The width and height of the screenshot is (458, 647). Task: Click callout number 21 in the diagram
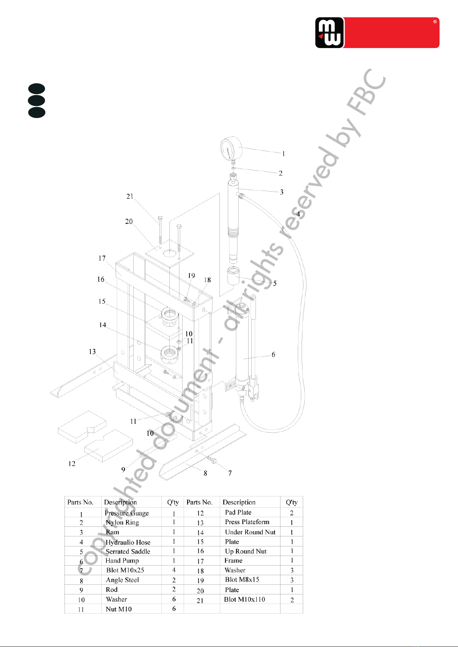click(x=130, y=196)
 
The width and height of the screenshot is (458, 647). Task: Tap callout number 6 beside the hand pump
click(x=273, y=354)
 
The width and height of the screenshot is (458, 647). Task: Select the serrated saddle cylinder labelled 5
click(x=233, y=276)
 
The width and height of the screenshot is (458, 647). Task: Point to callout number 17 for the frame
click(x=102, y=258)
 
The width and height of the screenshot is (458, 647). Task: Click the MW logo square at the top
click(x=329, y=33)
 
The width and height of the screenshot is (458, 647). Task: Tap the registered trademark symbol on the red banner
click(x=435, y=22)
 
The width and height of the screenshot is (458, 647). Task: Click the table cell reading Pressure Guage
click(x=127, y=513)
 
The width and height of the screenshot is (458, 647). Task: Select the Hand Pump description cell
click(x=122, y=561)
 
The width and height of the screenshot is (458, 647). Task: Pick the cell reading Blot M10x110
click(x=245, y=599)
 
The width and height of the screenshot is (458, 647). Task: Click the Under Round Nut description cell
click(x=250, y=532)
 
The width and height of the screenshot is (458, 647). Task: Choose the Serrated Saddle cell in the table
click(x=128, y=551)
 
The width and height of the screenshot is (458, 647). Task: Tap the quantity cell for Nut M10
click(x=174, y=609)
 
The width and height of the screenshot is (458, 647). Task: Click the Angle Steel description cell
click(x=123, y=580)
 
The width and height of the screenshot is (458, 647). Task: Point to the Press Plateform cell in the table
click(x=247, y=522)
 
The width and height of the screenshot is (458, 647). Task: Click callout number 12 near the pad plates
click(x=72, y=463)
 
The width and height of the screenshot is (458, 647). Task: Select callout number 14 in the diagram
click(x=103, y=325)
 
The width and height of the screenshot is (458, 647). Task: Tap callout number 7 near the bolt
click(x=230, y=473)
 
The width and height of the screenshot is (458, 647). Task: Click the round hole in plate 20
click(x=169, y=253)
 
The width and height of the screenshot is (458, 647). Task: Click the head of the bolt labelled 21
click(x=160, y=218)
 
